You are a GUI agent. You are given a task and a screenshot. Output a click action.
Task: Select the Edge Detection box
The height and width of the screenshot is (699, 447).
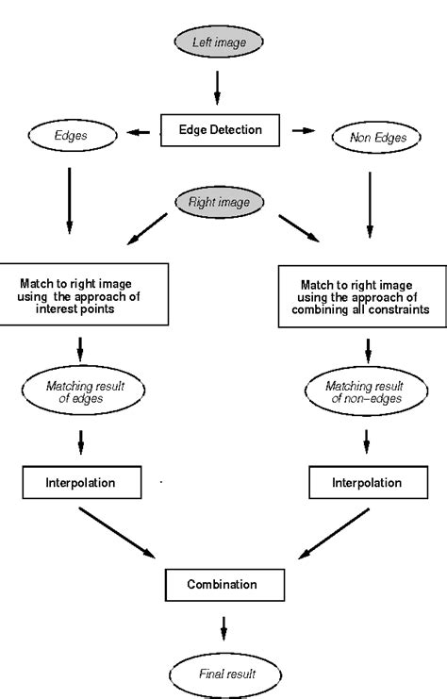pos(221,130)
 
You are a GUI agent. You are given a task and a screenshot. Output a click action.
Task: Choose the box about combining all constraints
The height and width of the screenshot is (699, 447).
pos(363,295)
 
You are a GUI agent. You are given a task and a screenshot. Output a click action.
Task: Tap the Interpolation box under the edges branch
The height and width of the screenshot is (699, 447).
pos(81,483)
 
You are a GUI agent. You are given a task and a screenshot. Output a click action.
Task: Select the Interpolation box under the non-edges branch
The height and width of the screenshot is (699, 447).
pos(367,483)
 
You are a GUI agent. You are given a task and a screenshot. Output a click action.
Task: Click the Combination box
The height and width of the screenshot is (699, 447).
pos(223,584)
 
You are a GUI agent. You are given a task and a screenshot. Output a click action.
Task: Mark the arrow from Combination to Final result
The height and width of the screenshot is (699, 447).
pos(223,627)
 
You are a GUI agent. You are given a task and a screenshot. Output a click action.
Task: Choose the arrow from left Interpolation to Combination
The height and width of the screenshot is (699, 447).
pos(118,532)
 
